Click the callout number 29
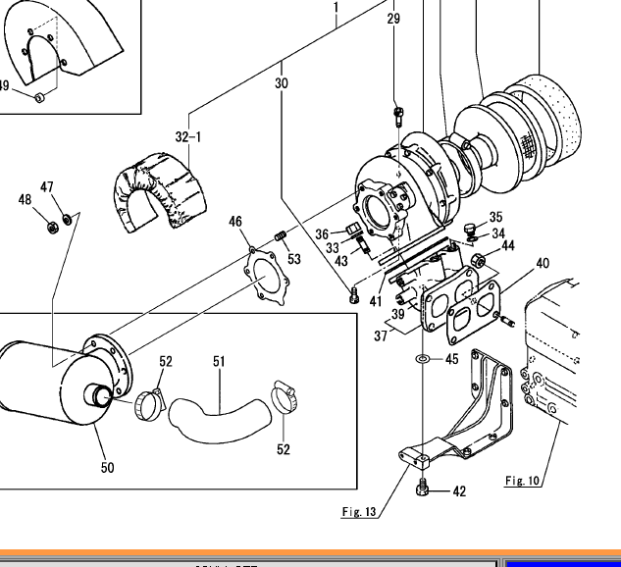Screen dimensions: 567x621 tap(393, 19)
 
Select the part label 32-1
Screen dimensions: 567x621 tap(187, 137)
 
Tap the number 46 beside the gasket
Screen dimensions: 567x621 tap(235, 223)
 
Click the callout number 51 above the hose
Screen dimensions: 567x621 tap(219, 362)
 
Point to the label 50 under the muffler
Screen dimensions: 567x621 tap(107, 467)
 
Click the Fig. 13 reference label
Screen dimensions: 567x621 tap(359, 511)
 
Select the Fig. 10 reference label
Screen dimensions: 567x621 tap(522, 480)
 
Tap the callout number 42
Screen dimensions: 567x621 tap(459, 491)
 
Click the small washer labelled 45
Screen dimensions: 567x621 tap(421, 359)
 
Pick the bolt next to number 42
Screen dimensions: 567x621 tap(423, 488)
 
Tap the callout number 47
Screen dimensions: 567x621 tap(47, 187)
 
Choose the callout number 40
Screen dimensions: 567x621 tap(542, 263)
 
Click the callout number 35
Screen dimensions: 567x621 tap(495, 217)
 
